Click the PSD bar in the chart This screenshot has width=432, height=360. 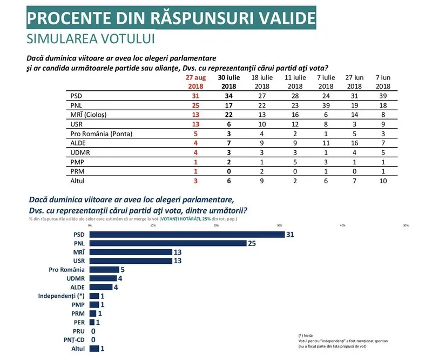pyautogui.click(x=187, y=234)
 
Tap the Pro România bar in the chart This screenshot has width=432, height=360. pyautogui.click(x=104, y=269)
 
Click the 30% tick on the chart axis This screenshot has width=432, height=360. pyautogui.click(x=279, y=225)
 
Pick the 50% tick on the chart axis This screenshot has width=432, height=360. pyautogui.click(x=406, y=225)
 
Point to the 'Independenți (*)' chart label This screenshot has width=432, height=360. pyautogui.click(x=61, y=296)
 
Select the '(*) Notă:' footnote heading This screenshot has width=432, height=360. pyautogui.click(x=306, y=336)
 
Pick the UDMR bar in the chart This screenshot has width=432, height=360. pyautogui.click(x=102, y=278)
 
